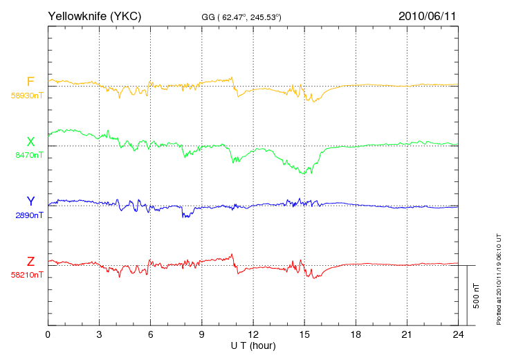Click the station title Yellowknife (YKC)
[95, 16]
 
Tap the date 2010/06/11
[428, 16]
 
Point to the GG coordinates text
[241, 17]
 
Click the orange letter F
[30, 82]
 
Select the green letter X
[30, 141]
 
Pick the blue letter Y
[30, 201]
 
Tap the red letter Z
[30, 261]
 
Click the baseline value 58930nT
[27, 96]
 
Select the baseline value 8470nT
[29, 155]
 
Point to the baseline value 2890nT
[29, 215]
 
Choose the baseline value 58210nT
[27, 275]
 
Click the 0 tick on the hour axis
[48, 334]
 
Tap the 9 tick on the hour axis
[201, 334]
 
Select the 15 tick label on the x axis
[304, 334]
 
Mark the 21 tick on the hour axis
[407, 334]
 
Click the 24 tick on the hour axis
[458, 334]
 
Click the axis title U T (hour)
[253, 346]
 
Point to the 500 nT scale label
[477, 296]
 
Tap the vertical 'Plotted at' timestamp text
[499, 279]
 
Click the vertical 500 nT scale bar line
[467, 296]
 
